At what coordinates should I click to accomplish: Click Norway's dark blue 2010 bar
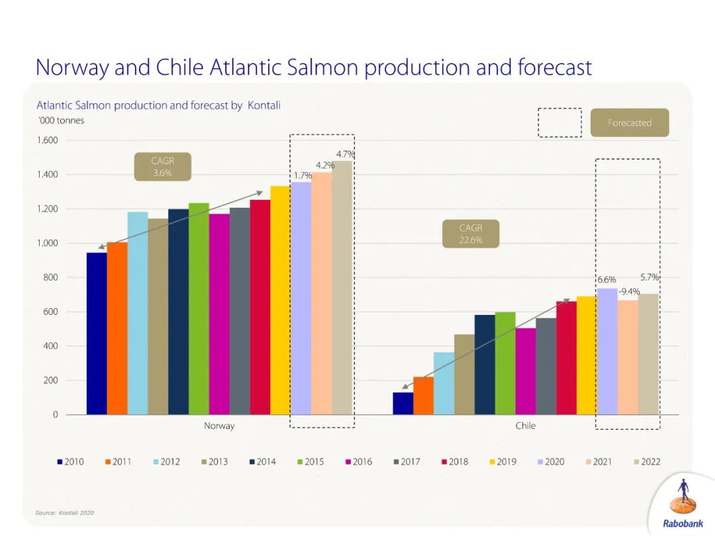(97, 334)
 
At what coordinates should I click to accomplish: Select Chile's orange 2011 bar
(423, 396)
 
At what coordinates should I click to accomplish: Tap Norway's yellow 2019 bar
(280, 300)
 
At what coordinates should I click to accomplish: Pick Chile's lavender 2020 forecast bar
(607, 351)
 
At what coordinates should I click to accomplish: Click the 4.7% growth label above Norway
(345, 154)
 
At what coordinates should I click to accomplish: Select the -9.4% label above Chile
(629, 292)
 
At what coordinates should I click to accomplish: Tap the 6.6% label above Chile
(606, 280)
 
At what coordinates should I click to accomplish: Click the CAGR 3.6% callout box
(162, 167)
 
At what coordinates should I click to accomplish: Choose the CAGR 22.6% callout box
(471, 234)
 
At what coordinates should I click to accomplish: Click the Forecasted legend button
(630, 122)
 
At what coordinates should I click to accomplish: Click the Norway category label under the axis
(219, 425)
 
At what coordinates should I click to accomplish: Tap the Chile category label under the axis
(526, 425)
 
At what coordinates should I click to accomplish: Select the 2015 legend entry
(309, 462)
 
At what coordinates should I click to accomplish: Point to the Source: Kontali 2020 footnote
(64, 513)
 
